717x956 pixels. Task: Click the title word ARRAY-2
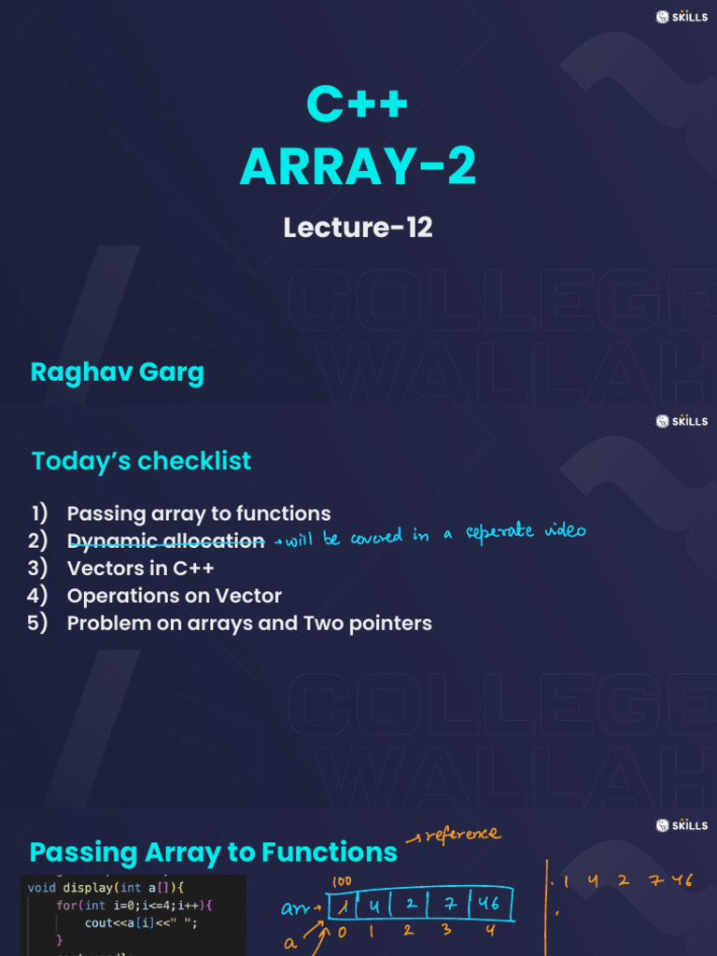358,168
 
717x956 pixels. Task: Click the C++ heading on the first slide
358,103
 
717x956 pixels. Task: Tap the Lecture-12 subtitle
358,227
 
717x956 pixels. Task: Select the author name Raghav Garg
117,372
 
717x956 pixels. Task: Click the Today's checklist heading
141,460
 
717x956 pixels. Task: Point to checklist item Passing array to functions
198,513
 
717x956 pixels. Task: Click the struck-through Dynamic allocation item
165,541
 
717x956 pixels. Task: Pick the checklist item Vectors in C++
140,568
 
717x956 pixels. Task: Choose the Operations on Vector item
174,595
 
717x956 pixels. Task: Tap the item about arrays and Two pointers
249,623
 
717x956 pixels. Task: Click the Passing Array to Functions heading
213,852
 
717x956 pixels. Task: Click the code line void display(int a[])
106,887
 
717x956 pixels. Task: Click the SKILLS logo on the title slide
682,17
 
